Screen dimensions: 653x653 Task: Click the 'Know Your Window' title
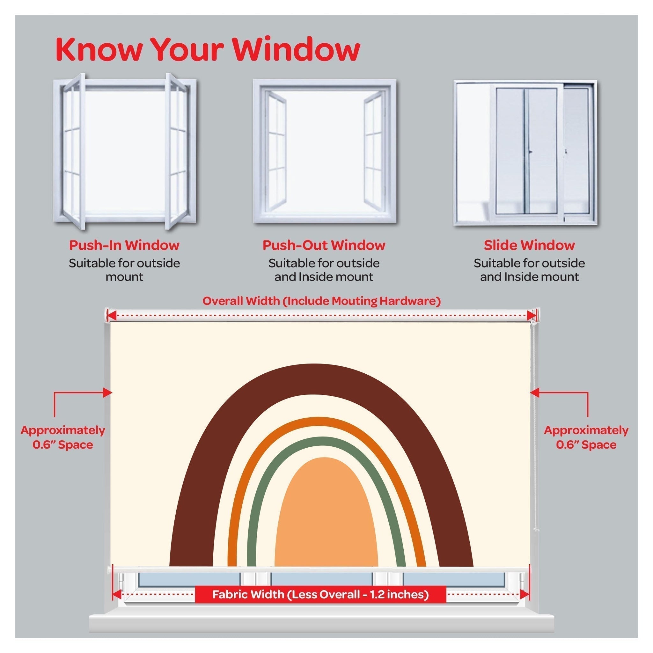[208, 49]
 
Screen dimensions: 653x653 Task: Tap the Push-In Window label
[124, 245]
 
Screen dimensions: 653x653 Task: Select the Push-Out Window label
[324, 245]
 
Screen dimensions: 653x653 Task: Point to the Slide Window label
[529, 245]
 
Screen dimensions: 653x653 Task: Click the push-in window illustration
[124, 151]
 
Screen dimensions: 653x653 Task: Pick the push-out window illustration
[325, 151]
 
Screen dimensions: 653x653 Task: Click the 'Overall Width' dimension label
[321, 300]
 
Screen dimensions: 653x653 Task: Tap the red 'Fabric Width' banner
[320, 594]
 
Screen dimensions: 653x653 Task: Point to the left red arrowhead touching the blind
[108, 393]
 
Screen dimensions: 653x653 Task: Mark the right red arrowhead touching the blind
[534, 393]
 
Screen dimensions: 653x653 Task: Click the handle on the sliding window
[530, 152]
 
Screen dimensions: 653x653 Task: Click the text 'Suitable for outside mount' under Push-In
[124, 270]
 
